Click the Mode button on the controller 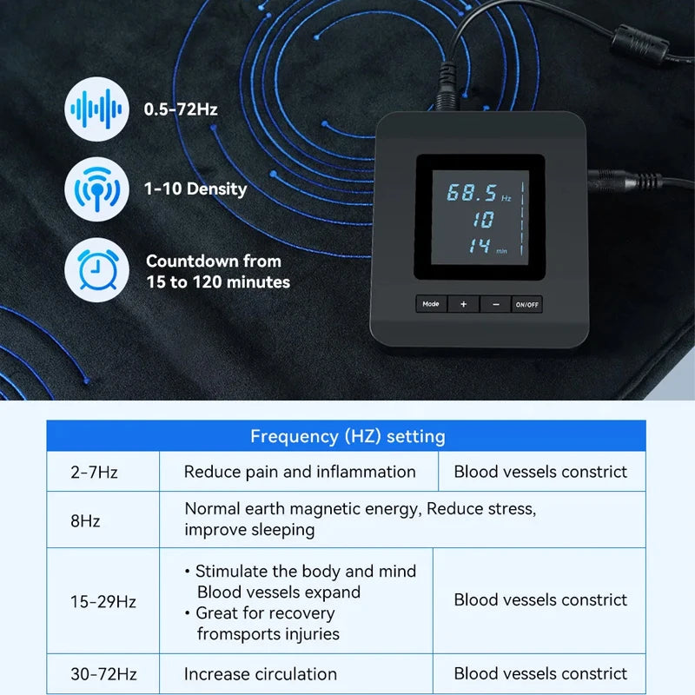click(431, 304)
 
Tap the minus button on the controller click(495, 304)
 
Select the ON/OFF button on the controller click(526, 304)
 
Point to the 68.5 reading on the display click(472, 193)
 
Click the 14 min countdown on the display click(480, 247)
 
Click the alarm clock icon click(96, 270)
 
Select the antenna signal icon click(96, 189)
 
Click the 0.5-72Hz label click(181, 110)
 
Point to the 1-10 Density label click(195, 189)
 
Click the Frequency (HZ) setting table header click(347, 436)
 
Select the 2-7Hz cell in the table click(95, 473)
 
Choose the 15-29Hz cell click(103, 601)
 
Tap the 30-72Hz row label click(103, 674)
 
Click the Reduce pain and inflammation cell click(300, 473)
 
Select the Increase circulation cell click(261, 674)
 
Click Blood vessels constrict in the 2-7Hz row click(540, 473)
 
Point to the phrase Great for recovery click(265, 613)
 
